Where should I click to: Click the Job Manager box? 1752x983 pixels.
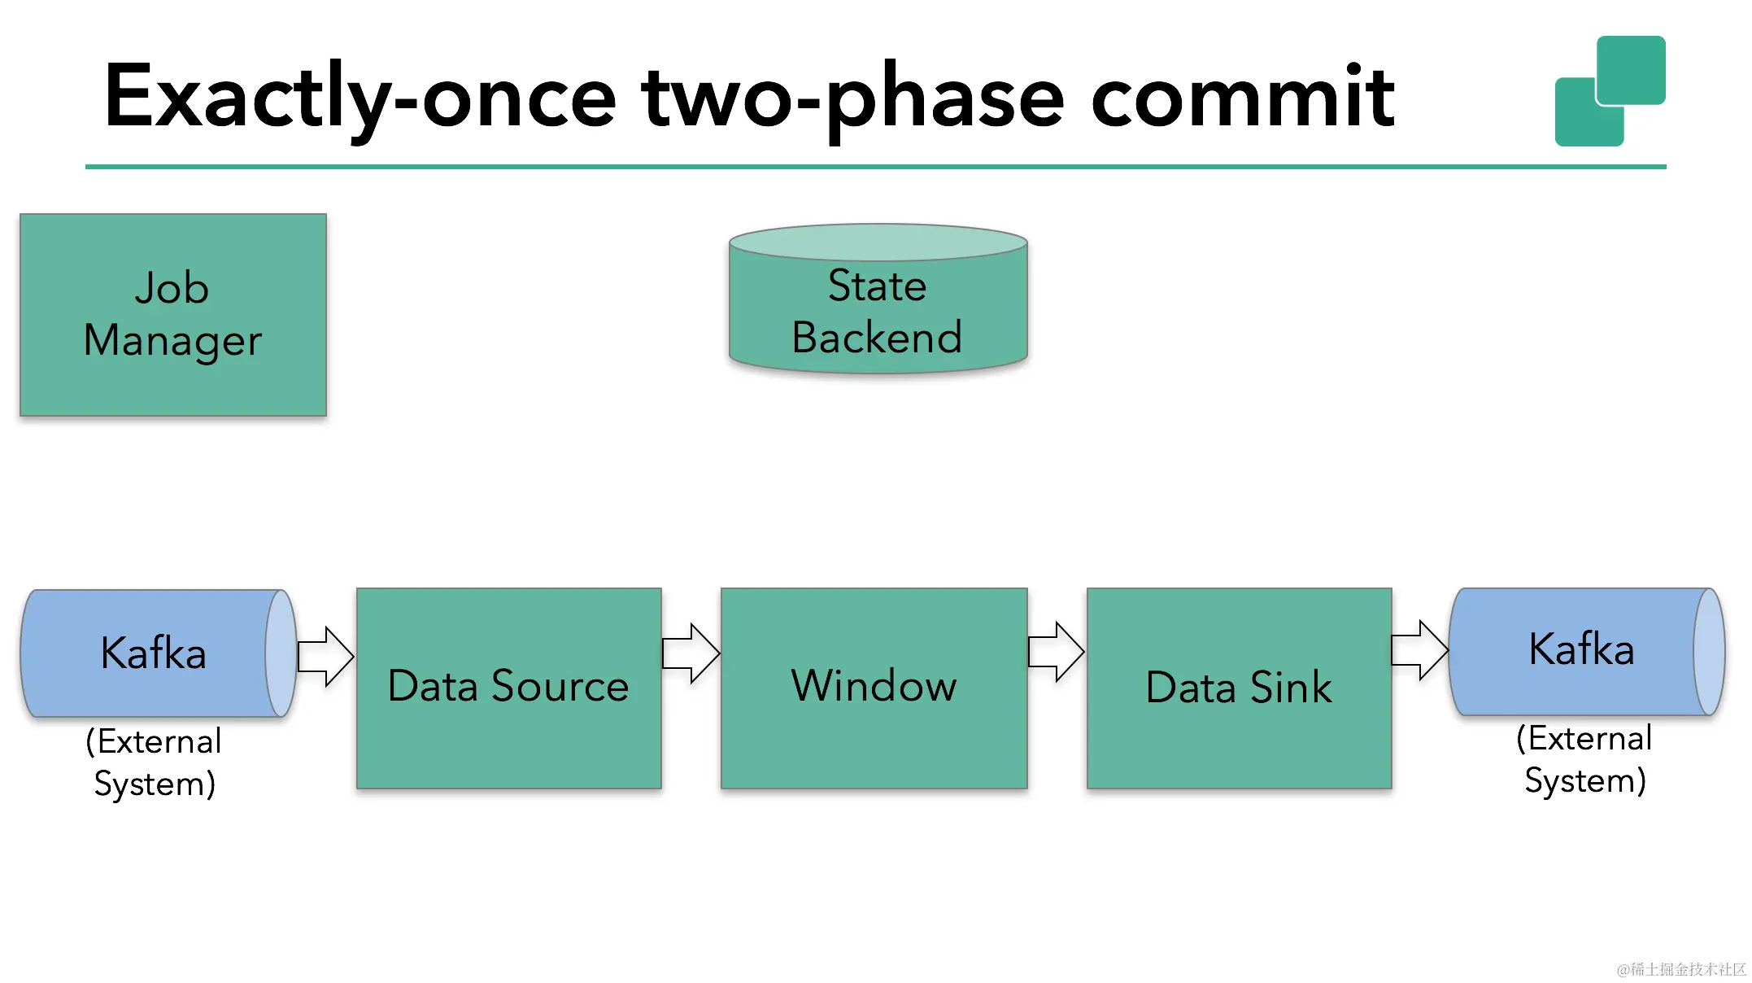pos(172,315)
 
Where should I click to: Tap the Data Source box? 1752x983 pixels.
pos(508,688)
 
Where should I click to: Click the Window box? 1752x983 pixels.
pos(874,688)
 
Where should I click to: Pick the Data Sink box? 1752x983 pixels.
pos(1239,688)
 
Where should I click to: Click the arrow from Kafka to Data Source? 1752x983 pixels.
pos(325,656)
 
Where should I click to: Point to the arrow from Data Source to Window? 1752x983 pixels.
pos(691,653)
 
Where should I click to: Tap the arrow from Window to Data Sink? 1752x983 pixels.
pos(1056,651)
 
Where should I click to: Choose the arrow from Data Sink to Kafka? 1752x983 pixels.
pos(1419,649)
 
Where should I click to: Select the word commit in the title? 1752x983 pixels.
pos(1242,98)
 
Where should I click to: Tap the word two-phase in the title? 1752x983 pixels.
pos(852,98)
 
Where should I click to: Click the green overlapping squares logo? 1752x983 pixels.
pos(1610,91)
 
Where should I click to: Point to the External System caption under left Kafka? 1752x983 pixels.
pos(154,762)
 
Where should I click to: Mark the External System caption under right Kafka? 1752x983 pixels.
pos(1584,759)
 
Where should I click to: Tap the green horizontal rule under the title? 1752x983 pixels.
pos(875,167)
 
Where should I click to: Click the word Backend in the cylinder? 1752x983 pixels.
pos(877,338)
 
